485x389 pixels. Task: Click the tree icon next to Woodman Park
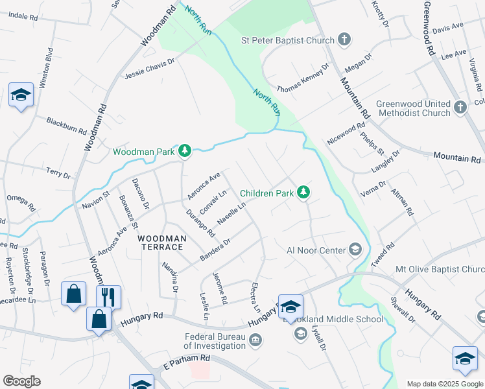(185, 152)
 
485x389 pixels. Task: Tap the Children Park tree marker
(303, 193)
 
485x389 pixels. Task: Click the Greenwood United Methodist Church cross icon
(460, 108)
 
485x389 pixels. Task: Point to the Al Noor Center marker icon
(355, 250)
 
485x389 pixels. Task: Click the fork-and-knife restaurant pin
(108, 297)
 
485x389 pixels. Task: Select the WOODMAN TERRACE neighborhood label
(162, 239)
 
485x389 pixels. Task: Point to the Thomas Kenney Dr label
(303, 77)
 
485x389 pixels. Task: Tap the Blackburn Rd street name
(67, 125)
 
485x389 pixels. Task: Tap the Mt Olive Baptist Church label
(440, 269)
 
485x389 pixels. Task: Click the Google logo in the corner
(21, 381)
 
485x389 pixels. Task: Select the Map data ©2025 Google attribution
(445, 384)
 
